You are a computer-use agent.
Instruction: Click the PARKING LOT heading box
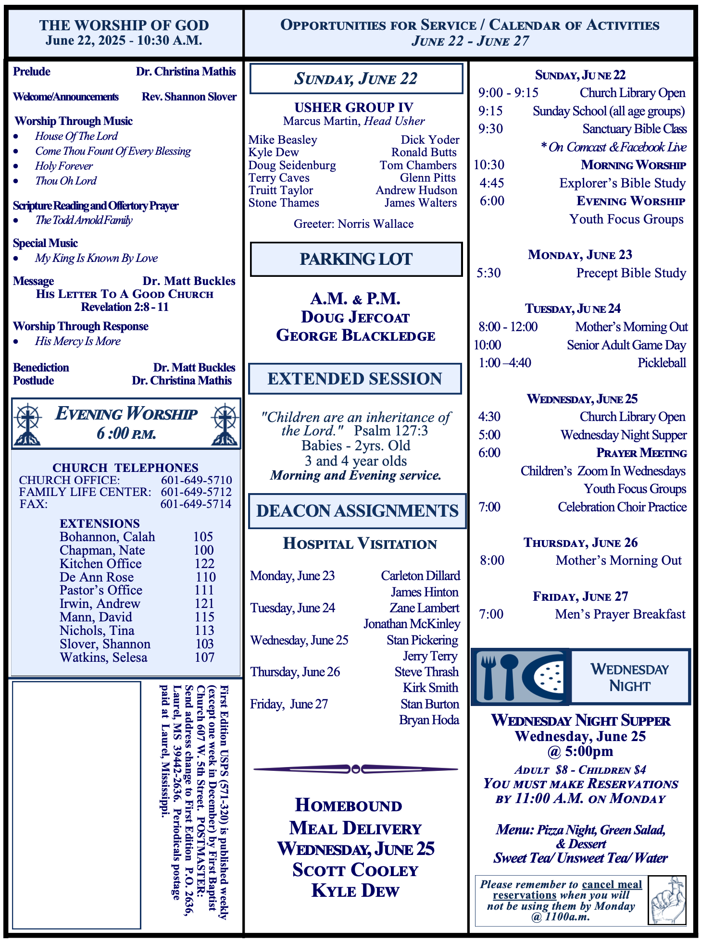click(356, 260)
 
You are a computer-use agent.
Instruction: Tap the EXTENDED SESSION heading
click(355, 379)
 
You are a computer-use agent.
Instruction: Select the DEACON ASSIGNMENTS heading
click(357, 511)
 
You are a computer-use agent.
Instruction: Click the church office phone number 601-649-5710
click(196, 480)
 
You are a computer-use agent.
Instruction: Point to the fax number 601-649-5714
click(196, 504)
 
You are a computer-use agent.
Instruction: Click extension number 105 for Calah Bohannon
click(203, 537)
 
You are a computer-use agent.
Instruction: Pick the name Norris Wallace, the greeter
click(376, 224)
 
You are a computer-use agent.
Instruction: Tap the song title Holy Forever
click(64, 166)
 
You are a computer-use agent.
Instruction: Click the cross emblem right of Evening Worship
click(225, 424)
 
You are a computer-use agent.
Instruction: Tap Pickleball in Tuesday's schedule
click(662, 363)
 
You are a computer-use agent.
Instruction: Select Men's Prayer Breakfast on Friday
click(620, 614)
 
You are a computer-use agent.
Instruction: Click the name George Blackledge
click(356, 335)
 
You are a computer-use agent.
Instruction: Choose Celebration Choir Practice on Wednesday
click(622, 507)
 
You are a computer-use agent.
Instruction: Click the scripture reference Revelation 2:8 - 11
click(125, 307)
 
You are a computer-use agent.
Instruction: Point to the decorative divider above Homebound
click(356, 769)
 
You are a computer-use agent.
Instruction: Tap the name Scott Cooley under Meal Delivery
click(355, 870)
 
